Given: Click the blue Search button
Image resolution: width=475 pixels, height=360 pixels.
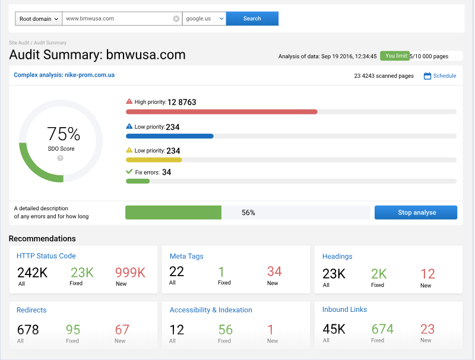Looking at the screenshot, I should (252, 18).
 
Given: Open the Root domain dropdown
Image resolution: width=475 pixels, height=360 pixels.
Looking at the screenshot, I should (38, 18).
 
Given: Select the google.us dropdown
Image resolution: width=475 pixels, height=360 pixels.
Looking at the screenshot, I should (204, 18).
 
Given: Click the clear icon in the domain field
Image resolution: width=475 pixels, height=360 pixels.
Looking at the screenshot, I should (176, 18).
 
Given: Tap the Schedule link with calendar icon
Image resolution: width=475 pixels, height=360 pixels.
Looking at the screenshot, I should (440, 76).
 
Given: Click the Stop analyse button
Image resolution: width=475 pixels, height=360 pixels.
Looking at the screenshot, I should (416, 213).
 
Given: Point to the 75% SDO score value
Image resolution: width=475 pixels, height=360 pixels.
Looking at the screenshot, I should (64, 134).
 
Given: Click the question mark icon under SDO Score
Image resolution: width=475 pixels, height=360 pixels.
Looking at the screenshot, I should (61, 158).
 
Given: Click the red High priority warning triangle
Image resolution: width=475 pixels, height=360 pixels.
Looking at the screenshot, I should (129, 102).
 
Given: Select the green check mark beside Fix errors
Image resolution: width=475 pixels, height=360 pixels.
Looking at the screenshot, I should (129, 172).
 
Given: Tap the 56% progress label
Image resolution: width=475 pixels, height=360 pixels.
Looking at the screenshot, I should (248, 213).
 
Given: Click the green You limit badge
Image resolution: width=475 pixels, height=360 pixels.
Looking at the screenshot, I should (395, 56).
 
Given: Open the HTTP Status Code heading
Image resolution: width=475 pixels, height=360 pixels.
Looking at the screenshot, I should (46, 256).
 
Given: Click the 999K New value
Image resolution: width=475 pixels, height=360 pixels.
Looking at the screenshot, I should (130, 273).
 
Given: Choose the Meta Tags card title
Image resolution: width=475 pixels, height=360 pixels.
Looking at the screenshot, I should (186, 256).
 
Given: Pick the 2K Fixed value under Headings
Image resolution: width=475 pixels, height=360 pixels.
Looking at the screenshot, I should (378, 274).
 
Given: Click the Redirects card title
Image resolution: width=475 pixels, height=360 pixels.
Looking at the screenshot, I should (31, 310).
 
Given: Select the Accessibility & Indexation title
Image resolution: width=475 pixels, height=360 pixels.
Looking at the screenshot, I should (211, 310).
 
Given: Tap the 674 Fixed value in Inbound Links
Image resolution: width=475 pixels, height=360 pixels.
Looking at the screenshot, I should (382, 329).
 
